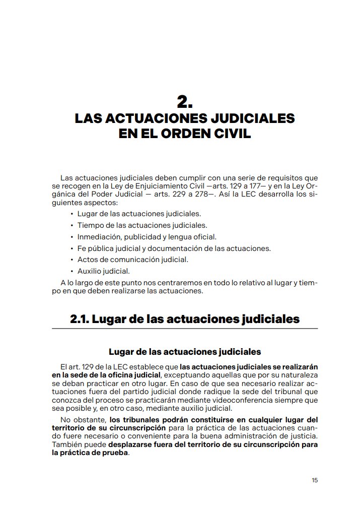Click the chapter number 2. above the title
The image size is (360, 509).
coord(185,102)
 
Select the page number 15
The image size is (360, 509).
coord(315,480)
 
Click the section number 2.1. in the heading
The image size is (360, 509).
coord(80,319)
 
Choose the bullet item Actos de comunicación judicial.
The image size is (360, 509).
coord(132,260)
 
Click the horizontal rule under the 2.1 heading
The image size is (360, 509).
coord(185,329)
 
